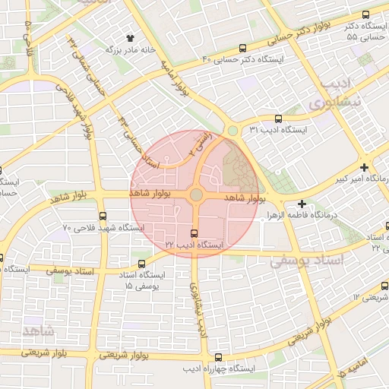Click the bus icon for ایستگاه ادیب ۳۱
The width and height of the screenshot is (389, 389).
(278, 119)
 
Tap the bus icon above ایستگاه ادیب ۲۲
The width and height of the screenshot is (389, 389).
(194, 233)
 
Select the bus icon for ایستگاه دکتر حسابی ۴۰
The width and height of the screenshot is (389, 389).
(242, 47)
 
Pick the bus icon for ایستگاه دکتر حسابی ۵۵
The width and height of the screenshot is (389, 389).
(366, 14)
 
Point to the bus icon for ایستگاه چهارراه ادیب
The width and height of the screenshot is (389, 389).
(220, 356)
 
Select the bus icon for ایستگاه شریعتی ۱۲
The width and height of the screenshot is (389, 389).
(384, 286)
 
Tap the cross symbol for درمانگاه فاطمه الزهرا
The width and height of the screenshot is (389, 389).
(302, 204)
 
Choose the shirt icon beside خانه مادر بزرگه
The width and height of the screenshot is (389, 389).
(130, 36)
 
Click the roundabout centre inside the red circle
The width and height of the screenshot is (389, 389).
(196, 195)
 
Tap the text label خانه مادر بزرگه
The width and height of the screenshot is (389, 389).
(130, 49)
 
